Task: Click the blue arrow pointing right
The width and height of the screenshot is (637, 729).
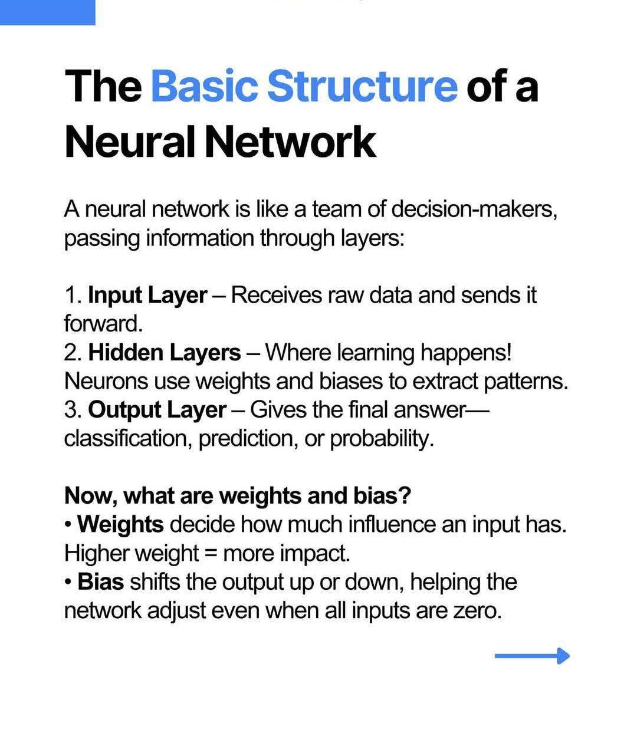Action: pyautogui.click(x=532, y=656)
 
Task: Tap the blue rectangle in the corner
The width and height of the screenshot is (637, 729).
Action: pyautogui.click(x=47, y=12)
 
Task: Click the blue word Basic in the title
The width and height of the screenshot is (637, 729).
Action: pyautogui.click(x=205, y=86)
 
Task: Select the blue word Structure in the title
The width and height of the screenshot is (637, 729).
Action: pyautogui.click(x=362, y=86)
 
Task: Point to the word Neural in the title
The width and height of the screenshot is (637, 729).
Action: pyautogui.click(x=130, y=142)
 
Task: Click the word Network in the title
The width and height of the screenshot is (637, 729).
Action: pyautogui.click(x=291, y=142)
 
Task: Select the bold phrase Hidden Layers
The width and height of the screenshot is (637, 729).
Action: pyautogui.click(x=165, y=353)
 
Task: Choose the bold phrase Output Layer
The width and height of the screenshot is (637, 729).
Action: pyautogui.click(x=157, y=411)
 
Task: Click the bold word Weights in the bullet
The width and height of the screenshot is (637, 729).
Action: pyautogui.click(x=120, y=525)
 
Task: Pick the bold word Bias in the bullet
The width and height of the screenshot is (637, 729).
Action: pyautogui.click(x=101, y=582)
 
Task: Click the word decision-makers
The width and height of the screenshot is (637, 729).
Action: pyautogui.click(x=474, y=209)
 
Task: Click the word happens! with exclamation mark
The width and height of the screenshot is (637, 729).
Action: pyautogui.click(x=466, y=353)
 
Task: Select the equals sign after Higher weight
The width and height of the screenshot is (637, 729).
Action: pyautogui.click(x=211, y=554)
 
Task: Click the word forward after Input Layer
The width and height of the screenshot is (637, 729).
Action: pyautogui.click(x=103, y=324)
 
